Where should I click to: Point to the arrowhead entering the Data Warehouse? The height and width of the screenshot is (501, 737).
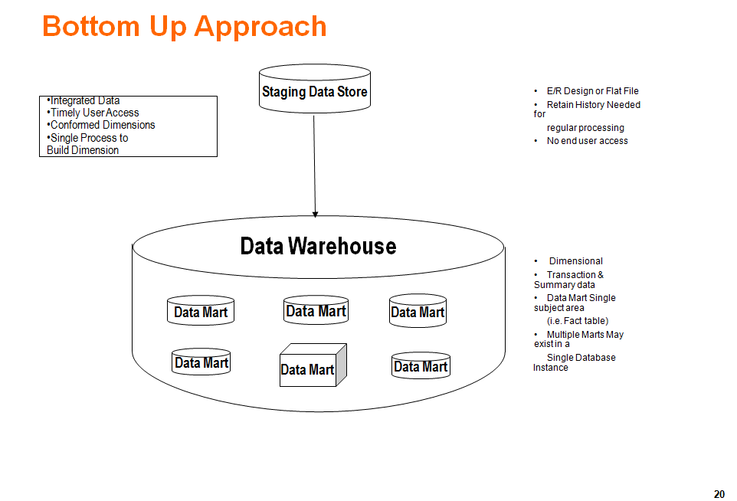(315, 214)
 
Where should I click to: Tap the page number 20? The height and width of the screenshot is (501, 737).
(719, 494)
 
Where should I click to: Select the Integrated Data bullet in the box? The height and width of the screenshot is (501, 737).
(84, 100)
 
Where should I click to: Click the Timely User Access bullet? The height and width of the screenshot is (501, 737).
(94, 113)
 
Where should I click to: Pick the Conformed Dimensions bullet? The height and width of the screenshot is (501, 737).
(102, 125)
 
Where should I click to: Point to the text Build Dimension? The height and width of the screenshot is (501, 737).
(83, 150)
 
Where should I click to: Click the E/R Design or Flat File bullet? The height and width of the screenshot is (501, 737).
(592, 91)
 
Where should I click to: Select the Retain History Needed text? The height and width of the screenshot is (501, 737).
(593, 105)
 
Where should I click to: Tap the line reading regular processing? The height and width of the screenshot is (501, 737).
(585, 128)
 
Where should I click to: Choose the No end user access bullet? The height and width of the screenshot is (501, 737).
(587, 141)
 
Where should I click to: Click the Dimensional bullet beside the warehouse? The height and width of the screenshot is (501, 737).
(575, 261)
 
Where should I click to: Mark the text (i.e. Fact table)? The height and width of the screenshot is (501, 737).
(578, 321)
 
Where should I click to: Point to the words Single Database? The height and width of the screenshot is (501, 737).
(581, 358)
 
